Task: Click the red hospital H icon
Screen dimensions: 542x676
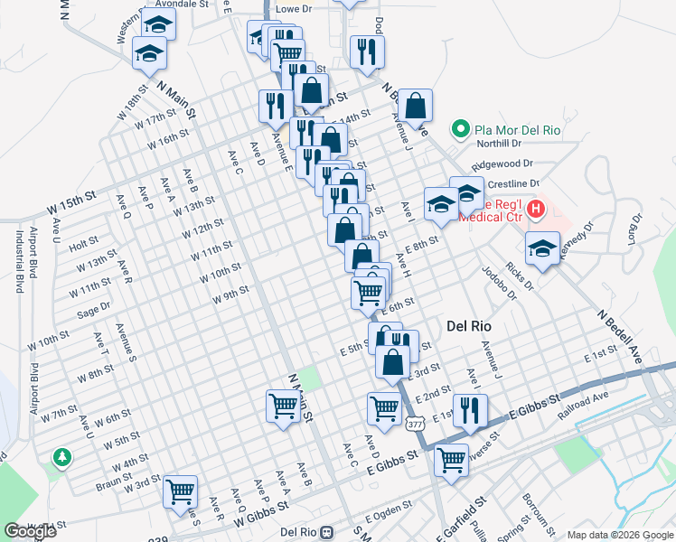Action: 536,210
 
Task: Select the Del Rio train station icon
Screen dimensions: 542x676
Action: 330,533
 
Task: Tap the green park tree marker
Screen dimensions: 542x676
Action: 62,458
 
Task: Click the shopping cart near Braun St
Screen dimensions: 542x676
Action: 181,492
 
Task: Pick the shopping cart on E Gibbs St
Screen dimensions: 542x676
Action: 451,459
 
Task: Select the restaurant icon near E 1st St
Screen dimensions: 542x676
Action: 469,410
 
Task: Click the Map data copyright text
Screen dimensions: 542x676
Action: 619,535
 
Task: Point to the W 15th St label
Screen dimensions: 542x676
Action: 71,203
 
